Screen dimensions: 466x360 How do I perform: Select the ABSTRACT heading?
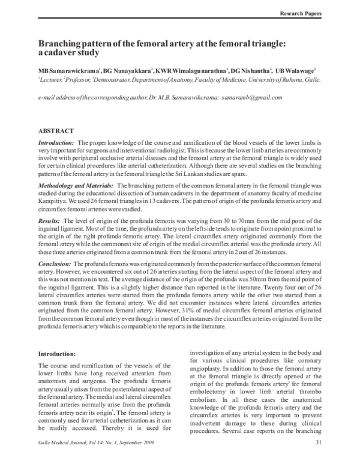click(x=56, y=130)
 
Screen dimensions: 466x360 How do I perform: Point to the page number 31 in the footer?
click(x=319, y=459)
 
